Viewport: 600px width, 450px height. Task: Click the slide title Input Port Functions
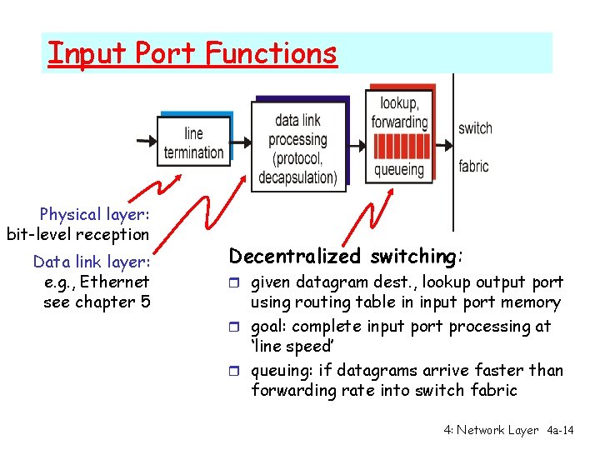(192, 53)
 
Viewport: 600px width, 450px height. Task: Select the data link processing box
(297, 148)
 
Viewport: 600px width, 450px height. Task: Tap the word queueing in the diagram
(398, 170)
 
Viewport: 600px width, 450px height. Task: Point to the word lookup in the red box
(399, 103)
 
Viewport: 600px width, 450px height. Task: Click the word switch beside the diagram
(475, 128)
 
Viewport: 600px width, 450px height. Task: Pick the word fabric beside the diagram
(473, 166)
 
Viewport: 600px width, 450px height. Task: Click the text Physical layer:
(93, 214)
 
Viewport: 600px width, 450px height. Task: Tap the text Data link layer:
(91, 262)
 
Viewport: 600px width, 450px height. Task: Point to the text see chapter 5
(97, 302)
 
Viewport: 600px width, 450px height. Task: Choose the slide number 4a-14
(560, 430)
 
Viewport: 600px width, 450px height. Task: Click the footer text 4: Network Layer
(491, 430)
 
